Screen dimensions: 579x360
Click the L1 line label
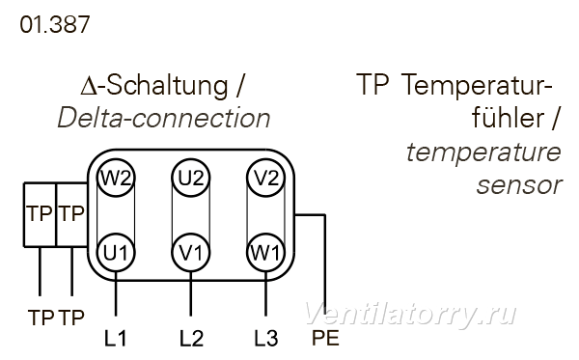click(116, 338)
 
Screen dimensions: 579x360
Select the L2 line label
click(191, 338)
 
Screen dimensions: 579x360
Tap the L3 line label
click(266, 338)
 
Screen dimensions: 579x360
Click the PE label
click(325, 338)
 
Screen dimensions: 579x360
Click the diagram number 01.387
click(55, 25)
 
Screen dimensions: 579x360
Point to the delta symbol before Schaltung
click(89, 87)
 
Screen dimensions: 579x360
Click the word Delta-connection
click(164, 118)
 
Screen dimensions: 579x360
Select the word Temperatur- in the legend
click(477, 86)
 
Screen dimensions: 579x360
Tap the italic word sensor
click(519, 185)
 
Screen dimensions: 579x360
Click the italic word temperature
click(483, 152)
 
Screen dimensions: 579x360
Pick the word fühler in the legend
click(509, 117)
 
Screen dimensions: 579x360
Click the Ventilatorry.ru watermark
click(410, 315)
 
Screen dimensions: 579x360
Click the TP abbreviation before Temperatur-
click(372, 84)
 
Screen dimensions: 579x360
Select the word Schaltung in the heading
click(167, 86)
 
